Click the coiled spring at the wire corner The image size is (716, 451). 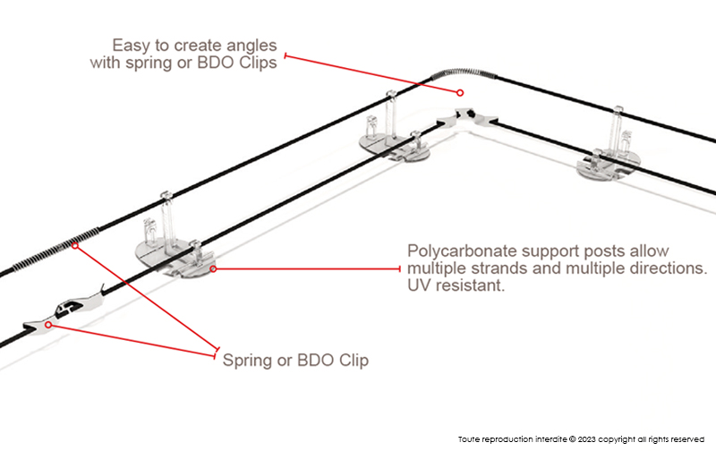[439, 78]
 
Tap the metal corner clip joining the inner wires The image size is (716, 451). [466, 115]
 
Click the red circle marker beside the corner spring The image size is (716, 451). [460, 92]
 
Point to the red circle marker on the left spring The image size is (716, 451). [76, 245]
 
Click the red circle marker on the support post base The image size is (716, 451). [212, 268]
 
